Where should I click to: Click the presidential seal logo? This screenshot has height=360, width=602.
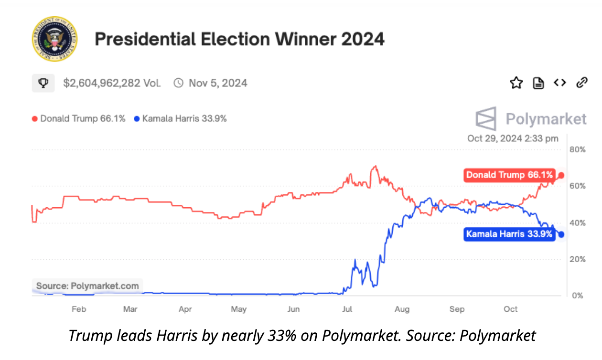pos(54,39)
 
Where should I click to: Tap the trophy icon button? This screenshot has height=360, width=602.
pos(43,83)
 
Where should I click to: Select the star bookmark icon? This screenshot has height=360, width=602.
pos(516,83)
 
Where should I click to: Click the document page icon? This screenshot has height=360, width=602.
pos(538,83)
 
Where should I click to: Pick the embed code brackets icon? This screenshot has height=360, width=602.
pos(560,83)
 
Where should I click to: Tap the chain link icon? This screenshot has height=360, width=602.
pos(581,83)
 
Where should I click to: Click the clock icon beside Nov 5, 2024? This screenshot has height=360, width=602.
pos(178,83)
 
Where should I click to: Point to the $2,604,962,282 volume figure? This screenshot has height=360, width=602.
pos(112,83)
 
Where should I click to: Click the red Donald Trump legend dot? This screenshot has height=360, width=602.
pos(34,118)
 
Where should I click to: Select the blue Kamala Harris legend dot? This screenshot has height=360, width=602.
pos(137,118)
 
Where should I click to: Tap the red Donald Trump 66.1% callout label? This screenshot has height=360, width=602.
pos(509,175)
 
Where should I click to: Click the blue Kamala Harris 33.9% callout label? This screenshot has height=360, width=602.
pos(509,234)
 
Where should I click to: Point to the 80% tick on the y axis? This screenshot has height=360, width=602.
pos(578,149)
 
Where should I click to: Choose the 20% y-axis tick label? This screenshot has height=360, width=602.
pos(578,259)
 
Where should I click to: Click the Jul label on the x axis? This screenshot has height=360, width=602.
pos(347,309)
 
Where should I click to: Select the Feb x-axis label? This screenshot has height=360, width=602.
pos(79,309)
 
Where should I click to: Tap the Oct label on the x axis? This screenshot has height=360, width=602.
pos(511,309)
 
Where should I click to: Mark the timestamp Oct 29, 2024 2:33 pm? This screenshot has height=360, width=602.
pos(513,138)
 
